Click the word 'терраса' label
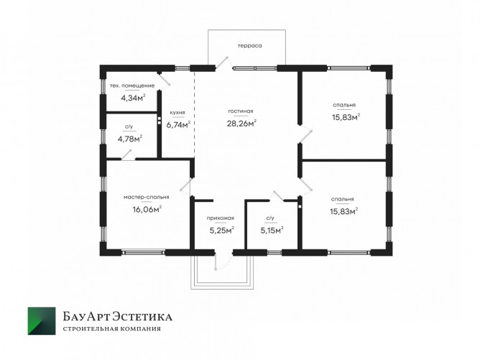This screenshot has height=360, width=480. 250,46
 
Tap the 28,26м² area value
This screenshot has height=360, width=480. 241,123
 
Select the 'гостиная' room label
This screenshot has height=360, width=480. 241,111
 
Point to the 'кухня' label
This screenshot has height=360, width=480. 177,112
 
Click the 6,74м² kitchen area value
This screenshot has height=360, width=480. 178,124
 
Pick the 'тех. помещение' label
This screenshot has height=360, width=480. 132,86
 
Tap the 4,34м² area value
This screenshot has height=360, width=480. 133,98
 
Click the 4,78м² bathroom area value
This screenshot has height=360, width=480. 130,139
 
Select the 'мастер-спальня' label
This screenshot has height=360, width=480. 147,197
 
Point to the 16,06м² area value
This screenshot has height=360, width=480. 147,209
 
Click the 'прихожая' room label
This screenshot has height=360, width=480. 221,218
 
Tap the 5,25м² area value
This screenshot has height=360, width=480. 222,230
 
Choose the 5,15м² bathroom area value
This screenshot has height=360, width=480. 272,230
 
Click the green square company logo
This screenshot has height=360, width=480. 42,320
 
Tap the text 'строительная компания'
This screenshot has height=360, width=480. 111,329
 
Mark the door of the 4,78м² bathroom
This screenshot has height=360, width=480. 126,155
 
